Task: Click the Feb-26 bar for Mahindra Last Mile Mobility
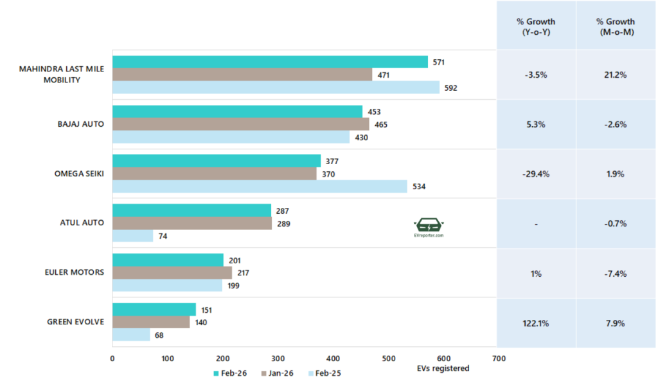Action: click(270, 62)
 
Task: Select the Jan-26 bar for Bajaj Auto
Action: click(240, 124)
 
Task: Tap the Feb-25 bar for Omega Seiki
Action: click(260, 187)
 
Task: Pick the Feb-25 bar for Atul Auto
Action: click(132, 236)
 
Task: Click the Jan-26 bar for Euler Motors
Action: click(172, 273)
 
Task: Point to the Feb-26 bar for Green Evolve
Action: click(154, 310)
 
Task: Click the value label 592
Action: click(450, 88)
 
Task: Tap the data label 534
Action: click(418, 187)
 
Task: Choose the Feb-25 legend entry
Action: click(325, 373)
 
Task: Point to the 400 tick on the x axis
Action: click(332, 359)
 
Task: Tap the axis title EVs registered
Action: click(443, 369)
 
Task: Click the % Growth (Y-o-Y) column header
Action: click(536, 26)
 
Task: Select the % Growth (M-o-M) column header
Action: click(616, 26)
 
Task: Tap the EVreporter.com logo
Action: click(429, 228)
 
